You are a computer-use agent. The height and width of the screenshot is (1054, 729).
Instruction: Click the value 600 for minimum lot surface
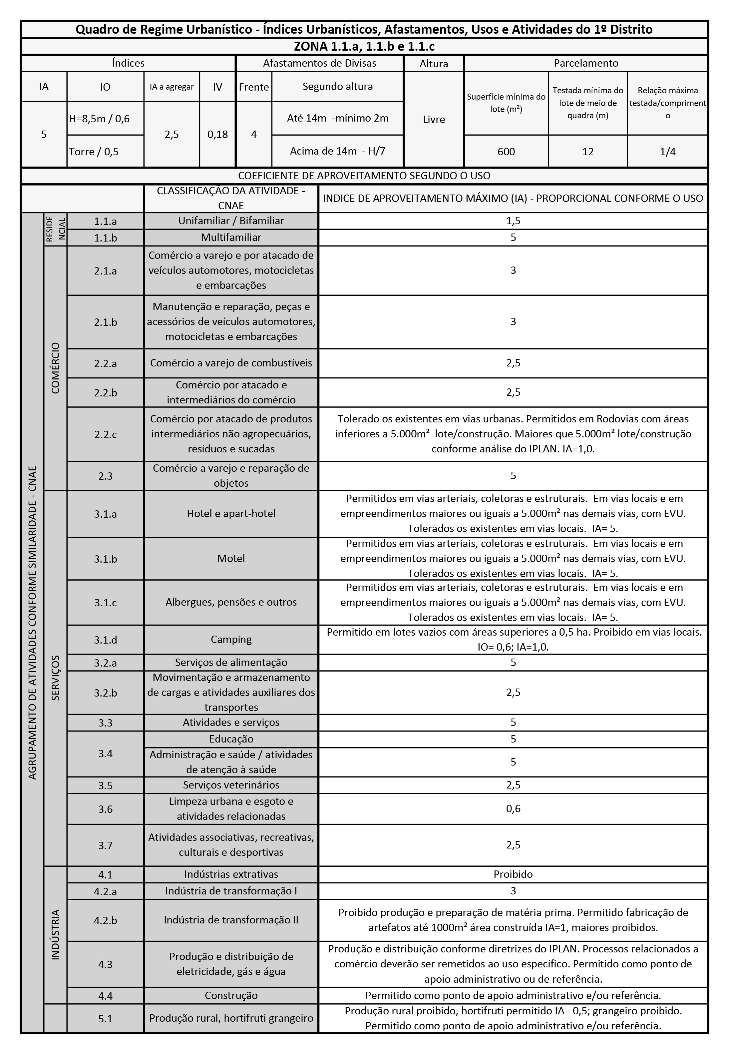tap(506, 152)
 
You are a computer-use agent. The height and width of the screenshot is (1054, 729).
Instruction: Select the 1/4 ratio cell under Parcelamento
tap(667, 152)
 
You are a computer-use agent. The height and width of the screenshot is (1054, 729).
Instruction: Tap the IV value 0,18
tap(217, 134)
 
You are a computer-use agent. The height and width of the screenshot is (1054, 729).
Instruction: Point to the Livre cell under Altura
tap(434, 119)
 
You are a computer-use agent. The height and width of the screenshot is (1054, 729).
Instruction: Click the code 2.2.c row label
tap(106, 434)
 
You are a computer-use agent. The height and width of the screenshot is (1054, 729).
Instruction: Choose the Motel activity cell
tap(231, 558)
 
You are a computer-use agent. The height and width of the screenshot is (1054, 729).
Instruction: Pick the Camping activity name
tap(231, 639)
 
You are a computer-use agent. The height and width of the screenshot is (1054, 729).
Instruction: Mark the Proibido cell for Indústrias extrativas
tap(513, 874)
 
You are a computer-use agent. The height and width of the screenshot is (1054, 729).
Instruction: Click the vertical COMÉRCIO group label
tap(55, 368)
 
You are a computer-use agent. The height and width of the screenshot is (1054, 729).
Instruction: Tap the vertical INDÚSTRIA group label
tap(55, 934)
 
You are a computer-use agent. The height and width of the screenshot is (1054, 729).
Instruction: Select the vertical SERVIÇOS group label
tap(55, 678)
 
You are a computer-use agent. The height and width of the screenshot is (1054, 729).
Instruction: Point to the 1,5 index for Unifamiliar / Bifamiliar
tap(513, 221)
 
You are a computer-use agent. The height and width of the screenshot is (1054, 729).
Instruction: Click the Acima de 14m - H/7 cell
tap(338, 151)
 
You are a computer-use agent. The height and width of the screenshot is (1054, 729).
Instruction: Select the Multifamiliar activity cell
tap(231, 238)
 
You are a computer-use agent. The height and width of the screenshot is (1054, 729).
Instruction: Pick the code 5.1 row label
tap(106, 1019)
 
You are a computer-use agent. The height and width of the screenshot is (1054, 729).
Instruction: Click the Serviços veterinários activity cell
tap(231, 785)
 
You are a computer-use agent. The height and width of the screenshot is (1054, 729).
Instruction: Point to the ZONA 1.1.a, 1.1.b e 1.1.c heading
tap(364, 46)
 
